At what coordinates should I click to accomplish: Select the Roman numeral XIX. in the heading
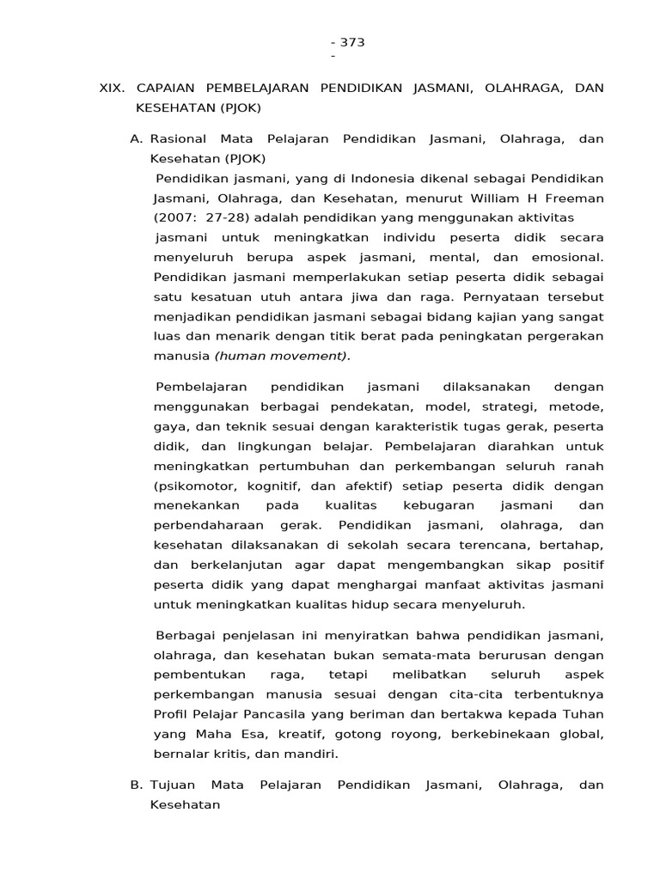pos(113,89)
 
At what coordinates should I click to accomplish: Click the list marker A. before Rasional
pos(137,139)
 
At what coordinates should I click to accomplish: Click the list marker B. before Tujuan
pos(137,785)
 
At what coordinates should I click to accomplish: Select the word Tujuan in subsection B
pos(174,785)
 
